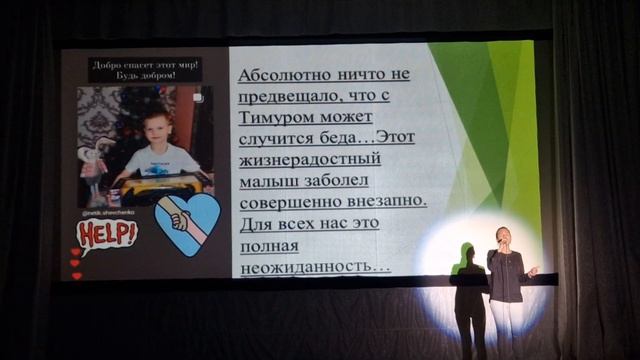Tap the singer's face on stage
[502, 237]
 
